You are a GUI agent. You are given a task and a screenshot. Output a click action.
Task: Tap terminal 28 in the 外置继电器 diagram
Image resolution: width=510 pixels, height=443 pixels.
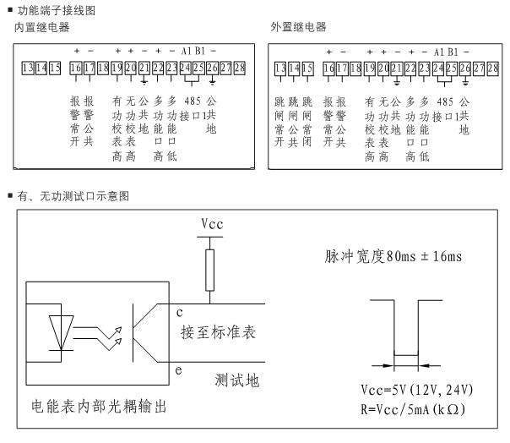(492, 68)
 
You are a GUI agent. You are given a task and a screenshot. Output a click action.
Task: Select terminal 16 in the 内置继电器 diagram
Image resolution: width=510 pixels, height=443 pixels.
(75, 67)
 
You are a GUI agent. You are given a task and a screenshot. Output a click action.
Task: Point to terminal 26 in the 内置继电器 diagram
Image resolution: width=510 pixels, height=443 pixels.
(211, 67)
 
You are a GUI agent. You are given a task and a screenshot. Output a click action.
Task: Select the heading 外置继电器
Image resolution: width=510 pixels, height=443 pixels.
(298, 28)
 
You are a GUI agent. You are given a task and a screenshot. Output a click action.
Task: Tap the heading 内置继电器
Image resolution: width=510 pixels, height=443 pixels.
(42, 28)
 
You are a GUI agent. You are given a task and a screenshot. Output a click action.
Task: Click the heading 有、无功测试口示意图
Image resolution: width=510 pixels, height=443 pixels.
(73, 195)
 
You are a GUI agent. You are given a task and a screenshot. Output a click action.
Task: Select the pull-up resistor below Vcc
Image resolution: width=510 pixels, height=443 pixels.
(212, 269)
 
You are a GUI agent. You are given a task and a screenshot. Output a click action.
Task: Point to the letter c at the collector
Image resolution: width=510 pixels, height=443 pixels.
(179, 312)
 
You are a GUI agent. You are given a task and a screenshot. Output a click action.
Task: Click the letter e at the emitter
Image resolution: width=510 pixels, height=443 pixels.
(179, 370)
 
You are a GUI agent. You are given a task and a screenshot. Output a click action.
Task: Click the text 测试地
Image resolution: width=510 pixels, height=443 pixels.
(237, 380)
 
